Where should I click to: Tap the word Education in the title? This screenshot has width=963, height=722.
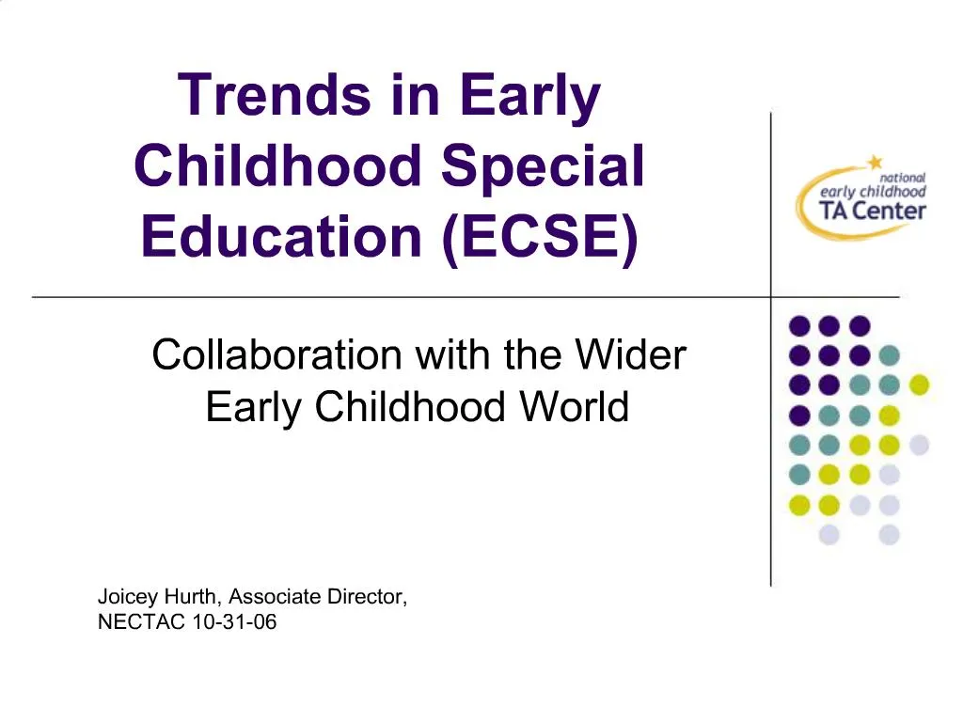point(280,235)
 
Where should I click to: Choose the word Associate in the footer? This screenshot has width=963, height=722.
point(274,597)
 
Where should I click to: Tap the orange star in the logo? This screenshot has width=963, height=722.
point(875,162)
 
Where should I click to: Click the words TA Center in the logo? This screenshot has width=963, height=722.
point(873,210)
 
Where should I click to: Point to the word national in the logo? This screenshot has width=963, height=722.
point(903,177)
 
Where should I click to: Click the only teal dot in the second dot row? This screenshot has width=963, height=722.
point(889,356)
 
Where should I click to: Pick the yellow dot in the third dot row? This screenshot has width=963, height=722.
point(919,385)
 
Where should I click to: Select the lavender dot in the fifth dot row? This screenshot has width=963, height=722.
point(919,444)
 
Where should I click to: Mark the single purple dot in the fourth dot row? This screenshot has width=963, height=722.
point(799,415)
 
